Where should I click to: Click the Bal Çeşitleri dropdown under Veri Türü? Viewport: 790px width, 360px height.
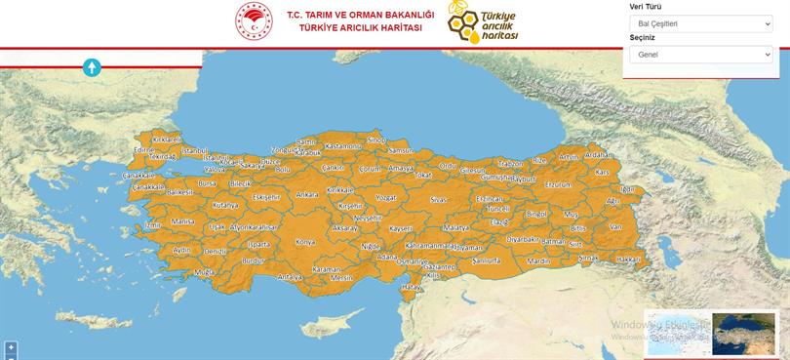tap(700, 23)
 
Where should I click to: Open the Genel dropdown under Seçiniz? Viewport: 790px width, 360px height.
tap(700, 55)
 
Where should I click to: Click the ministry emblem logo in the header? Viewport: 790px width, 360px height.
tap(255, 21)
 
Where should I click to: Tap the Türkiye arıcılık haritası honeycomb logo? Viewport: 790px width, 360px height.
tap(484, 21)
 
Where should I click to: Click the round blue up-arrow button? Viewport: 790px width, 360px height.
tap(92, 67)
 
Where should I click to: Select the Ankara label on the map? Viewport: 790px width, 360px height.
tap(307, 194)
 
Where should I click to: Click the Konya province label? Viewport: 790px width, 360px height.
tap(305, 241)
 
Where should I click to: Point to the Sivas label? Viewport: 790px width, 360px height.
tap(438, 199)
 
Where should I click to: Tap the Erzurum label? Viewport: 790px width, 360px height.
tap(558, 183)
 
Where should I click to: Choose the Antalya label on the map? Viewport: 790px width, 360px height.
tap(290, 276)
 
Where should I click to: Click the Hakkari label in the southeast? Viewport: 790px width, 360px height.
tap(629, 260)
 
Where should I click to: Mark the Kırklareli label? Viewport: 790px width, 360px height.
tap(167, 140)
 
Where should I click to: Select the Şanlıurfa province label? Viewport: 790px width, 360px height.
tap(486, 260)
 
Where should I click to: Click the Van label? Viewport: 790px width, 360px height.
tap(614, 226)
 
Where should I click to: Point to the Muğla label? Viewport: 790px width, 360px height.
tap(204, 272)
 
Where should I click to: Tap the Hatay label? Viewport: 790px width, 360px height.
tap(412, 287)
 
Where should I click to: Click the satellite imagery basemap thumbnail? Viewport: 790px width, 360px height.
tap(743, 334)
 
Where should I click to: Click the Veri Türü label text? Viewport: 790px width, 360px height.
tap(646, 6)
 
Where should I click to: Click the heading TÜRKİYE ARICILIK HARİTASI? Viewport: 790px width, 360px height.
tap(361, 28)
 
